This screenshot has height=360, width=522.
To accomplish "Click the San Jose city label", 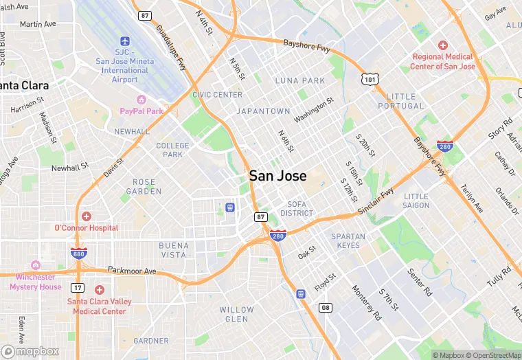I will click(277, 175).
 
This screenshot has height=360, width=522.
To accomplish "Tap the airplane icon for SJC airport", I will click(125, 41).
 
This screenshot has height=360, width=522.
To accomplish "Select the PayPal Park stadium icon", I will click(141, 100).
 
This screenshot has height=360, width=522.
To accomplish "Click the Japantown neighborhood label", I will click(263, 111).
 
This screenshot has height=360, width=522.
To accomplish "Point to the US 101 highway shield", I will click(371, 80).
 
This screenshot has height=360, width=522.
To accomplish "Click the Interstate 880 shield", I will click(79, 254).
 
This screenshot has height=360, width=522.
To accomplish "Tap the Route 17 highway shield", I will click(79, 288).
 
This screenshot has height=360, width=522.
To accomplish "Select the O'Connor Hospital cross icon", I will click(87, 216).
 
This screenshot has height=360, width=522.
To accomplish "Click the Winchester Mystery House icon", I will click(36, 266).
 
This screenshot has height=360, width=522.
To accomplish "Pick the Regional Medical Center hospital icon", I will click(443, 45).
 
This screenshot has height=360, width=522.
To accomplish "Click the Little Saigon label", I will click(416, 201).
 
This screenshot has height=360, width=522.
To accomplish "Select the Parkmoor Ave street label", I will click(132, 271).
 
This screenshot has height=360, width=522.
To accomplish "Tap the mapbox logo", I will click(30, 351).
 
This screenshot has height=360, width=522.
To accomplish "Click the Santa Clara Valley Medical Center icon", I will click(100, 290).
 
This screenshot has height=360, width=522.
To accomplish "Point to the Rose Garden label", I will click(144, 186).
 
